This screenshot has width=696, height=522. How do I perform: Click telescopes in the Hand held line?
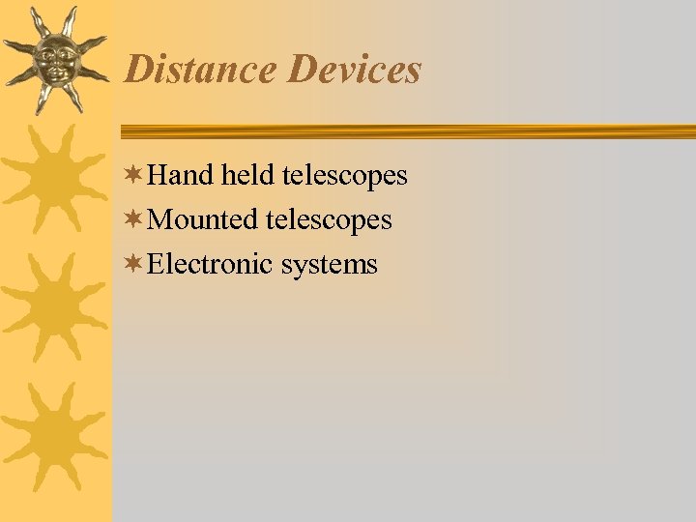tap(345, 176)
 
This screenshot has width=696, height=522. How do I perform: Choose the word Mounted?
tap(204, 220)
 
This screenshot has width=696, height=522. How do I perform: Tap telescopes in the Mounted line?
tap(329, 220)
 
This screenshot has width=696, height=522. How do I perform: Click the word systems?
tap(330, 264)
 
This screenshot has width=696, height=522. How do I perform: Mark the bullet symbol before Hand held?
tap(135, 175)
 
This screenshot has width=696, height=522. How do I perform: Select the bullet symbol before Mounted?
tap(135, 219)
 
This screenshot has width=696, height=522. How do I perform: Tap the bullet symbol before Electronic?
tap(135, 263)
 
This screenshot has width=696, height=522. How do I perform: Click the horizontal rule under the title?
tap(406, 131)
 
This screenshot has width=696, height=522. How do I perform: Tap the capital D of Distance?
tap(139, 70)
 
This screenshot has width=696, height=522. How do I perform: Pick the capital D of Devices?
tap(302, 70)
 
